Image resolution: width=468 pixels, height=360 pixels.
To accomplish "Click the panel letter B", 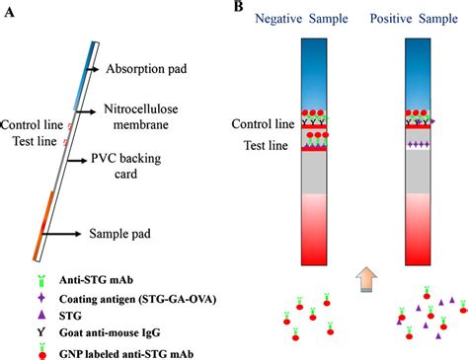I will tap(238, 8).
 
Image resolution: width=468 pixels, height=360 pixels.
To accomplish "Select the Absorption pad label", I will tap(147, 69).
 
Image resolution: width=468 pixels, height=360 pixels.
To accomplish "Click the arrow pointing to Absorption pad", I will tap(92, 69).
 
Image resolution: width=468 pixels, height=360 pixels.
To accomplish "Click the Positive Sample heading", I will tap(418, 21).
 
